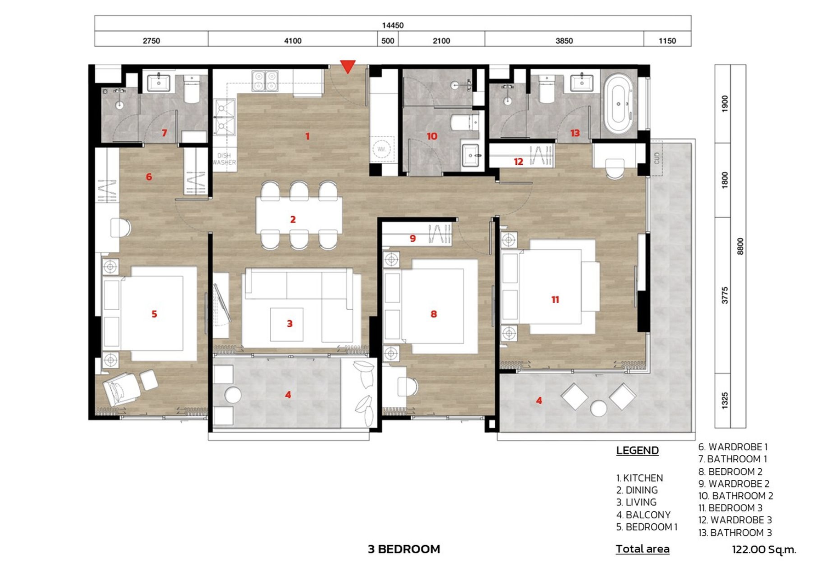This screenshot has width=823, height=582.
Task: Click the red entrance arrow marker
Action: (x=348, y=66)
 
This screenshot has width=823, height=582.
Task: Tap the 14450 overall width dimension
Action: (x=393, y=26)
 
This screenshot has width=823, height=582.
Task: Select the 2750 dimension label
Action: (x=151, y=41)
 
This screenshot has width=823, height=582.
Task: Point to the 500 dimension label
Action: (x=388, y=41)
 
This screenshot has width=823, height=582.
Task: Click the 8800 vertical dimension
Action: (x=740, y=246)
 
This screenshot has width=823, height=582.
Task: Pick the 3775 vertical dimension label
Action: (x=725, y=295)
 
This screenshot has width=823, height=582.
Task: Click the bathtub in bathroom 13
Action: (x=619, y=103)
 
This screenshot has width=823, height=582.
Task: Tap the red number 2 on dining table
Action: (x=293, y=219)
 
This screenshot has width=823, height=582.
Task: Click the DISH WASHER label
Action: (x=224, y=159)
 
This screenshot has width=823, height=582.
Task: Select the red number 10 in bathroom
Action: (x=432, y=136)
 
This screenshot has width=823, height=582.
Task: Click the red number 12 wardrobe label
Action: (x=519, y=162)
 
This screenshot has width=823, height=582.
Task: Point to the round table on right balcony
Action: (x=598, y=408)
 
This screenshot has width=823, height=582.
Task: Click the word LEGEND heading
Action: (x=637, y=450)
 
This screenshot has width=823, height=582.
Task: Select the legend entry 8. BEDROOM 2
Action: (x=730, y=472)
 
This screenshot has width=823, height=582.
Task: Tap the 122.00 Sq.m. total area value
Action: (x=764, y=549)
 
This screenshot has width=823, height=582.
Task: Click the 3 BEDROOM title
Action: (x=404, y=549)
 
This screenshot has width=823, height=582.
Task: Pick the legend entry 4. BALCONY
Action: (x=643, y=515)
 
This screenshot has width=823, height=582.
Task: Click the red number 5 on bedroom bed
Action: (x=154, y=314)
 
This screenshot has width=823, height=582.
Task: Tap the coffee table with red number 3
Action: (x=287, y=324)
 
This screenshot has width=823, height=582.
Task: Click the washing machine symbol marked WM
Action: (x=381, y=149)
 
